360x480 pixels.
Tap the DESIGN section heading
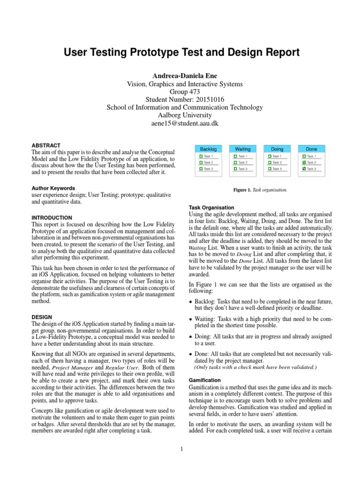click(41, 317)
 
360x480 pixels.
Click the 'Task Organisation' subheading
click(214, 207)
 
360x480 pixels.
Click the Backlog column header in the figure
click(208, 149)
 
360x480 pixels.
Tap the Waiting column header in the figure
click(242, 149)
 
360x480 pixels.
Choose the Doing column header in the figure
click(277, 149)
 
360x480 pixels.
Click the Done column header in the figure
click(311, 149)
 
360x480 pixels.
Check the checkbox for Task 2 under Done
click(304, 162)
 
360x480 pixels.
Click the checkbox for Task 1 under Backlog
click(200, 156)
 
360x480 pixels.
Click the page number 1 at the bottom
click(180, 450)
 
